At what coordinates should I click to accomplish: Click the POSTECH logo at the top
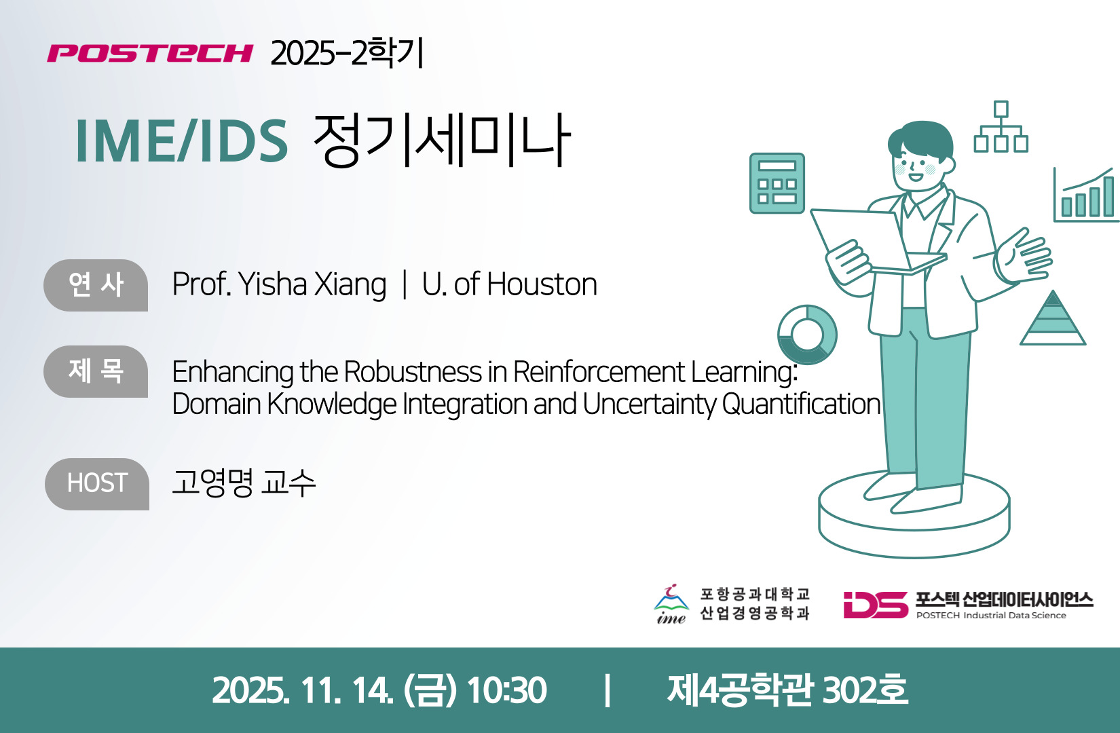[150, 53]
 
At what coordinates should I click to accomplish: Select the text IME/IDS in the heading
[182, 140]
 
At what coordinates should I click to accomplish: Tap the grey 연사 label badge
[96, 285]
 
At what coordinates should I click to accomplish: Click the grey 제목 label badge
[96, 371]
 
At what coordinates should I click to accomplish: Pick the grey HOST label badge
[97, 484]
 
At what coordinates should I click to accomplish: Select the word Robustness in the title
[413, 372]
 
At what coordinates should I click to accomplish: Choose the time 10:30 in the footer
[506, 690]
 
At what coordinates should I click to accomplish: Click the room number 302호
[865, 690]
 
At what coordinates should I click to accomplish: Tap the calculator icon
[777, 183]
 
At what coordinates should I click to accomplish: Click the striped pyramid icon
[1053, 318]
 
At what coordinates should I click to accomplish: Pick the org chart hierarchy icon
[1001, 127]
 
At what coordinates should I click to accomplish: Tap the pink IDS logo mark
[876, 605]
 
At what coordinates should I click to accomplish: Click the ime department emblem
[671, 604]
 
